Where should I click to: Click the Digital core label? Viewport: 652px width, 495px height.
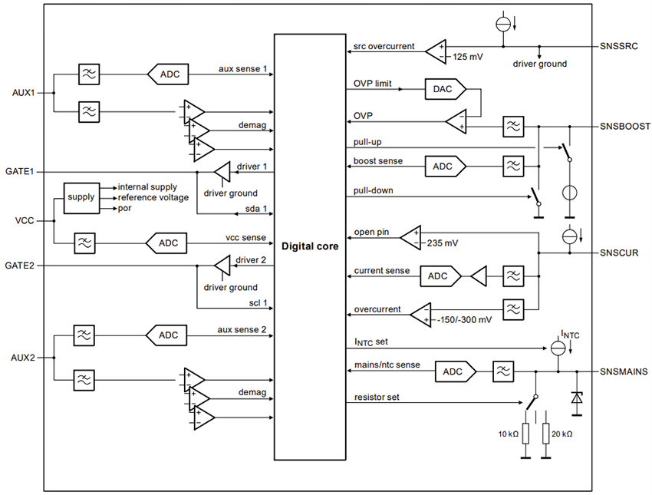point(309,247)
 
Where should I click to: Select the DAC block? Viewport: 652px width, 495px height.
point(442,90)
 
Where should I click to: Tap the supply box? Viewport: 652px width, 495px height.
point(81,196)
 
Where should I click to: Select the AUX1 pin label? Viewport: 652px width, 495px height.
point(23,93)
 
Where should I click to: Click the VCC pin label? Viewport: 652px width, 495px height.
point(24,220)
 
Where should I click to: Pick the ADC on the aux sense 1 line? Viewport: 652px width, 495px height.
point(168,74)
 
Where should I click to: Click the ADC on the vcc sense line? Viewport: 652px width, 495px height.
point(168,243)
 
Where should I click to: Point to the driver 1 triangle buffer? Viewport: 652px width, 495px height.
point(221,171)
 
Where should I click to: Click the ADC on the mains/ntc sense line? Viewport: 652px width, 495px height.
point(453,371)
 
